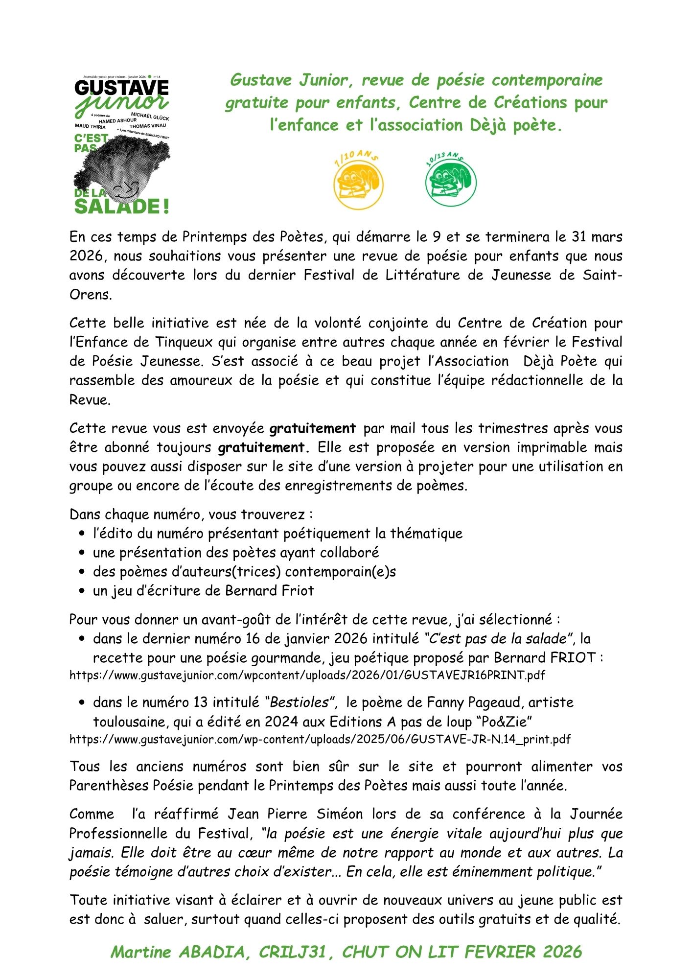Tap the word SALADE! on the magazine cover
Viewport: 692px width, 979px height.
point(121,206)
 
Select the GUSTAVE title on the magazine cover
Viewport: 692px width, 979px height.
point(121,88)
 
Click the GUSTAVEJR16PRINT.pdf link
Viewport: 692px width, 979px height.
point(307,676)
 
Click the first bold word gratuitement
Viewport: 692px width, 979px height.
point(313,428)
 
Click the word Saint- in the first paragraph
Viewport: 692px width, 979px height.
point(602,275)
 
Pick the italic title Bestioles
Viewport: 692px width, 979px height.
point(299,702)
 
